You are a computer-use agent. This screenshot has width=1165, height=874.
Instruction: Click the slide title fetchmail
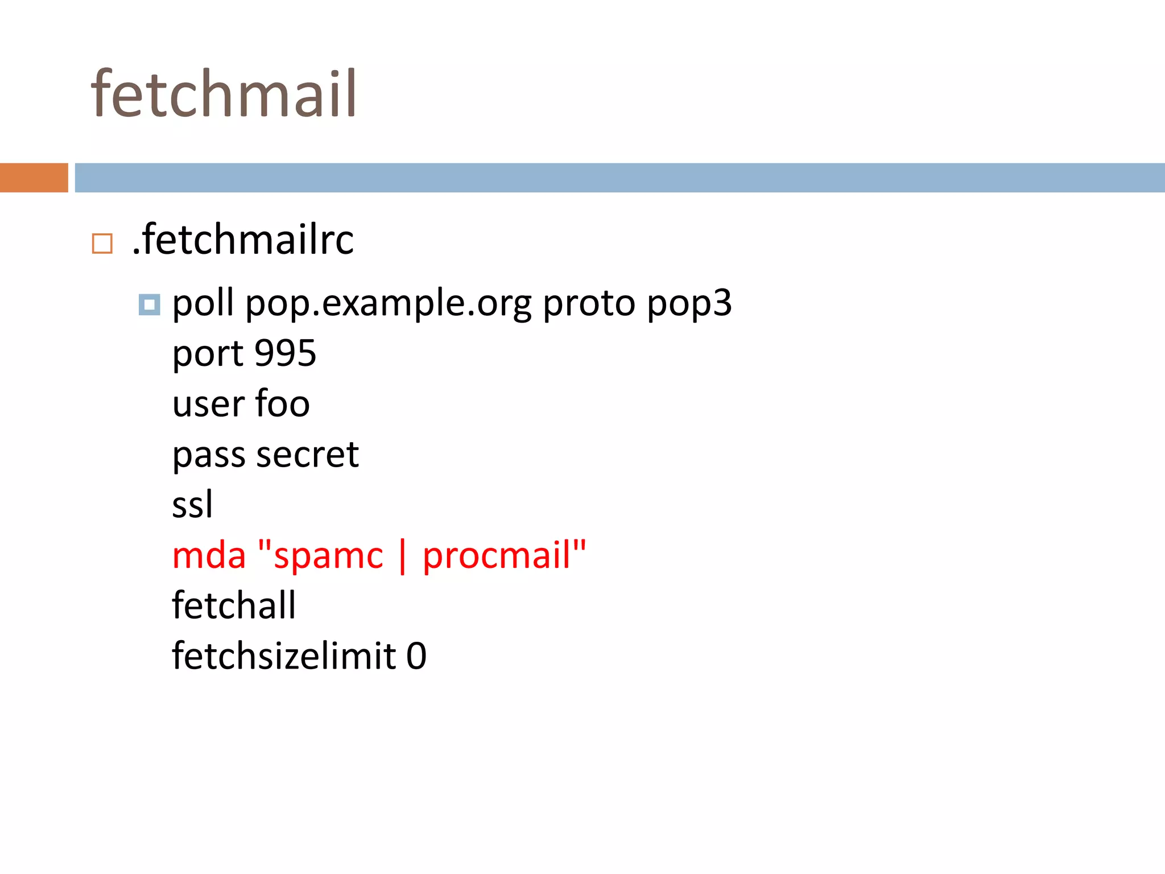click(224, 94)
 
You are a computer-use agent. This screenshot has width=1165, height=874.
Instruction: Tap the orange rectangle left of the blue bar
click(34, 178)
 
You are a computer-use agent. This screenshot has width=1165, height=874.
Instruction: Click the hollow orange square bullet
click(102, 244)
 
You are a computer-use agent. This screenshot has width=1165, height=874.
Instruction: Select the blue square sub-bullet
click(149, 304)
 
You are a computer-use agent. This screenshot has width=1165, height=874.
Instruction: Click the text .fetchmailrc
click(243, 240)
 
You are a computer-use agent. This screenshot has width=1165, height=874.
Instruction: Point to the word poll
click(203, 303)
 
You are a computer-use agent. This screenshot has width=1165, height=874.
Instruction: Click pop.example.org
click(388, 304)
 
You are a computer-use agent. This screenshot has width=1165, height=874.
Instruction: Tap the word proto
click(589, 304)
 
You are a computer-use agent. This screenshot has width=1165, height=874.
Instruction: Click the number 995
click(285, 353)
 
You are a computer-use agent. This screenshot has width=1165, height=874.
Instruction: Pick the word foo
click(282, 403)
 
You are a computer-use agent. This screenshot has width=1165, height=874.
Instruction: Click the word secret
click(307, 455)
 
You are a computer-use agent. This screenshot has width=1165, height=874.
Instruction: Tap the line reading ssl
click(192, 505)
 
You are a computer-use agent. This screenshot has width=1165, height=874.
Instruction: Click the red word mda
click(209, 555)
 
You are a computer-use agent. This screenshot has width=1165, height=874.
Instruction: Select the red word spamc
click(328, 555)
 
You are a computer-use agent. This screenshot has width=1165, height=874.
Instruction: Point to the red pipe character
click(403, 556)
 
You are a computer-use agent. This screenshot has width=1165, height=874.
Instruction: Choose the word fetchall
click(234, 605)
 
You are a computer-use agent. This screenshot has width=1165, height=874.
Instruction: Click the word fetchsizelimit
click(284, 655)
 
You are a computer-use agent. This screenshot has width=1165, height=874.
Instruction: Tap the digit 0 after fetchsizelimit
click(416, 656)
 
